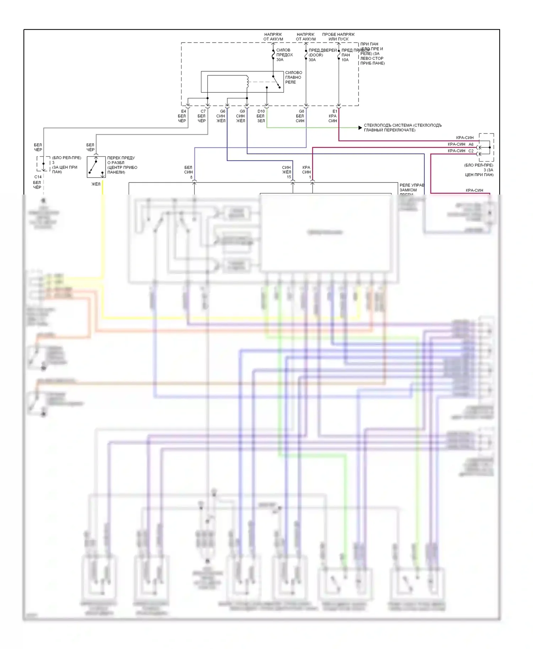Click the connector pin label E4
coord(183,111)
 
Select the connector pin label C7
coord(203,111)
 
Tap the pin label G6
coord(222,111)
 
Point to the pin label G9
coord(242,111)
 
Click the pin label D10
coord(261,111)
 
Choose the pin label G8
coord(301,111)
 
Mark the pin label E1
coord(335,111)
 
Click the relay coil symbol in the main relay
coord(247,82)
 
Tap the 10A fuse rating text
coord(345,60)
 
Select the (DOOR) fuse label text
coord(316,55)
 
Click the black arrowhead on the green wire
coord(360,128)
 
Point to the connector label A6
coord(471,144)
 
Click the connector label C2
coord(471,151)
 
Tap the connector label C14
coord(38,177)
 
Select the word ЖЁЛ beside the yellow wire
coord(96,184)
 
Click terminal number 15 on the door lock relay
coord(289,177)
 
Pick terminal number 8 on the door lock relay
coord(191,177)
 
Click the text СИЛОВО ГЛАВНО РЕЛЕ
coord(294,77)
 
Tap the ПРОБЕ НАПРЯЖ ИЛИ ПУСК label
coord(338,37)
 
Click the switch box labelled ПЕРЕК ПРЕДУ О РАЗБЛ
coord(96,167)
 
